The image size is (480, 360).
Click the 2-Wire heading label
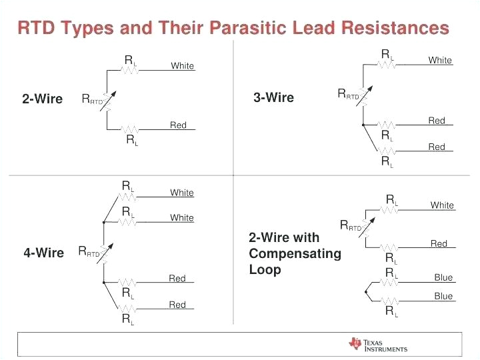42,99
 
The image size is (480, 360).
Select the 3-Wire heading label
273,98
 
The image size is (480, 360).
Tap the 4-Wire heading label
43,253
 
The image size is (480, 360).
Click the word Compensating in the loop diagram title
295,254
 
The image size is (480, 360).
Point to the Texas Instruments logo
377,344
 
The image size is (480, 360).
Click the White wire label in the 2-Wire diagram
182,66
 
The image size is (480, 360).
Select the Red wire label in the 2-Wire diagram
178,125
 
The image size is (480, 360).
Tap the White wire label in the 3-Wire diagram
440,61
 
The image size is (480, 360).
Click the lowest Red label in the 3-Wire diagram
437,147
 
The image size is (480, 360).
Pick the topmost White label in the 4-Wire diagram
181,193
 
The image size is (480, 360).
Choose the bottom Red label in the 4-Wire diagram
177,305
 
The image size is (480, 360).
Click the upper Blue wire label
443,278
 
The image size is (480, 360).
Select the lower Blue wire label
443,297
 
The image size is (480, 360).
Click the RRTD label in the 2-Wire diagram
93,99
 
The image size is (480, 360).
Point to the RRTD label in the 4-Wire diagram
89,252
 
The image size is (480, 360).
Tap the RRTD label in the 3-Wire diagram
349,95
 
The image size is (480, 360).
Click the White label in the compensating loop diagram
442,205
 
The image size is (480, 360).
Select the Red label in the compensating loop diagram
439,244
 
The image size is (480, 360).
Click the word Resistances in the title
395,28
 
